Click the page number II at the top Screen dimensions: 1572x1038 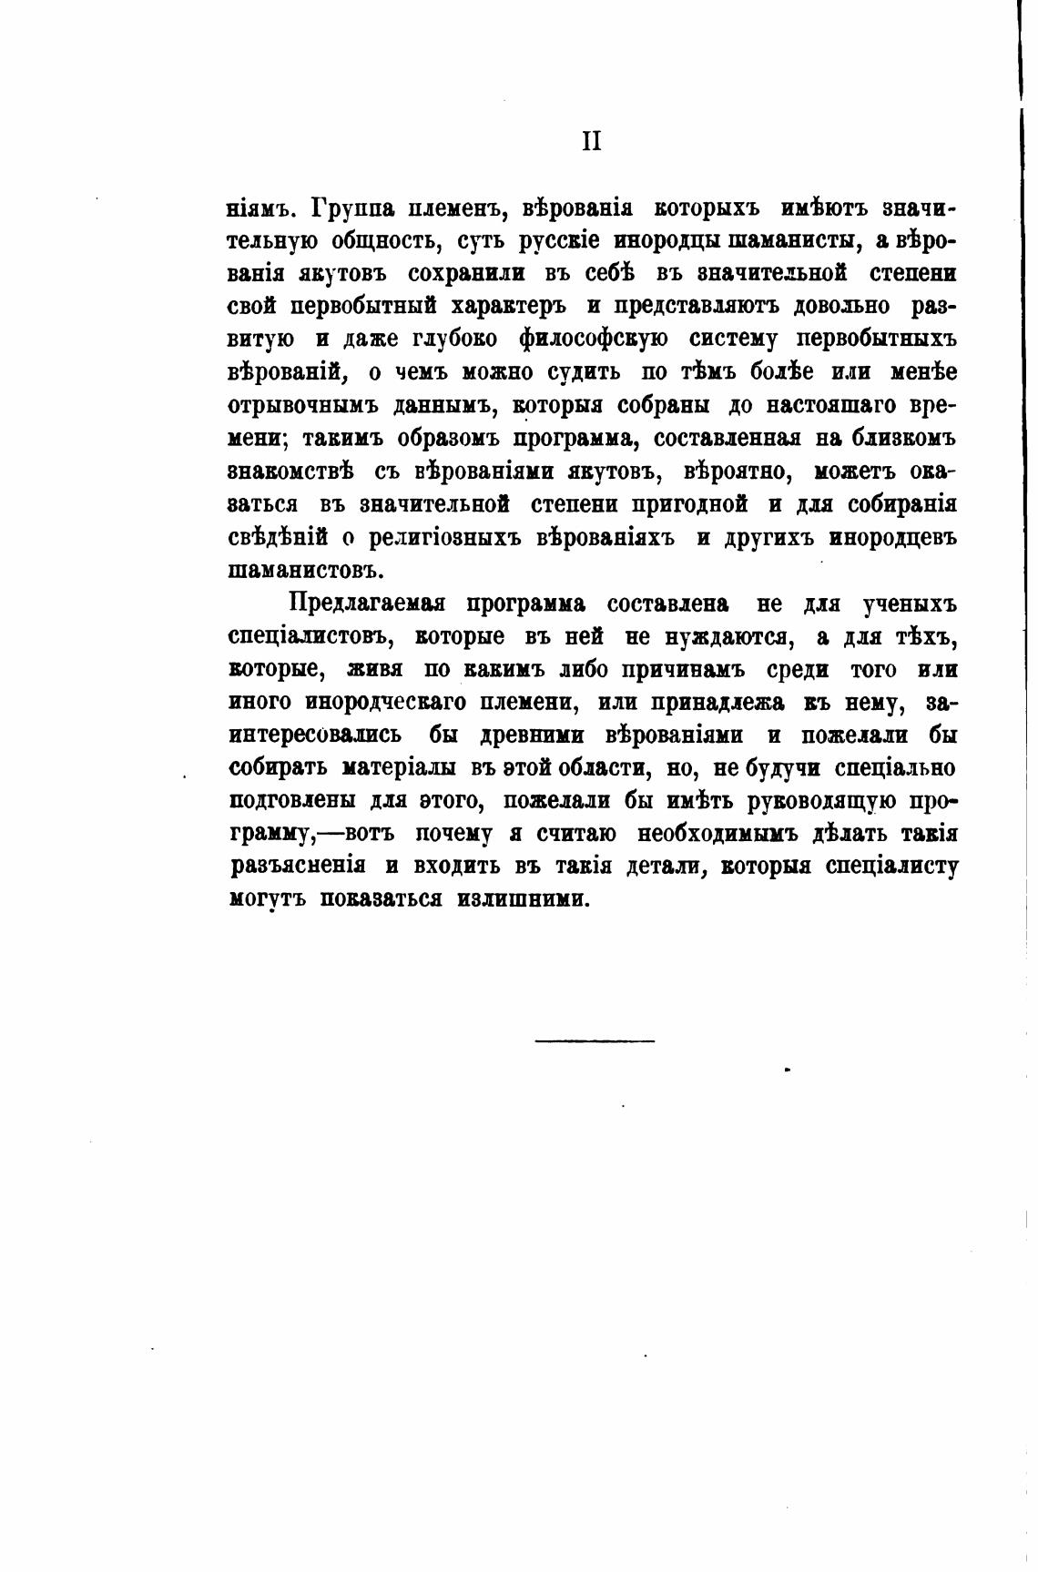click(591, 142)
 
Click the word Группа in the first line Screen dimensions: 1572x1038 click(352, 208)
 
